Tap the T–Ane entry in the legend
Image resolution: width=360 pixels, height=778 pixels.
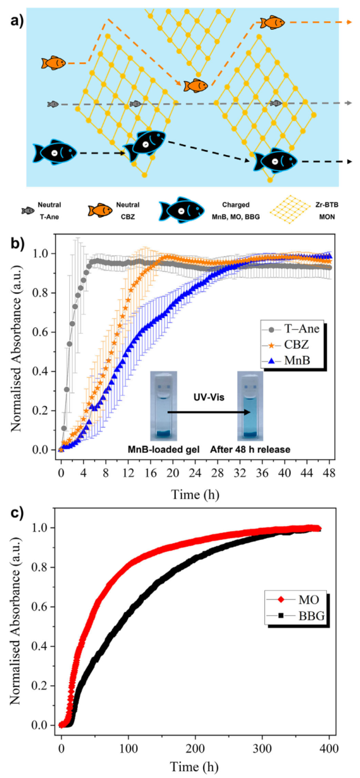[292, 330]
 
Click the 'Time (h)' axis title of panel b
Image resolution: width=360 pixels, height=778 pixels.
[195, 493]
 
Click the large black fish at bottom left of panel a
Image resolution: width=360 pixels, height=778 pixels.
[54, 153]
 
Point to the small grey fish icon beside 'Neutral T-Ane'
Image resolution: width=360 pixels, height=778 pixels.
[27, 211]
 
